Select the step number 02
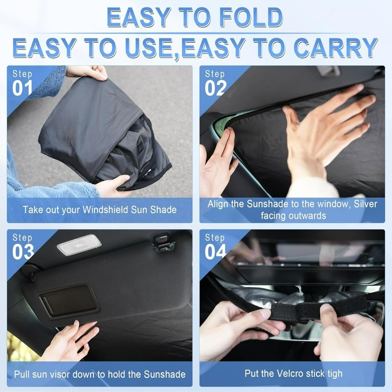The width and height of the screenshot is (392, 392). point(216,88)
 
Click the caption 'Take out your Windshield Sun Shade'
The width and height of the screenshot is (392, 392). point(100,209)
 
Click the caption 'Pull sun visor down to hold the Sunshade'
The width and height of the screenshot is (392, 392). point(100,374)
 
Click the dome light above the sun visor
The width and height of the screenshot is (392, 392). point(79,245)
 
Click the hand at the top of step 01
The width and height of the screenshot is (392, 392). point(87,72)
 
